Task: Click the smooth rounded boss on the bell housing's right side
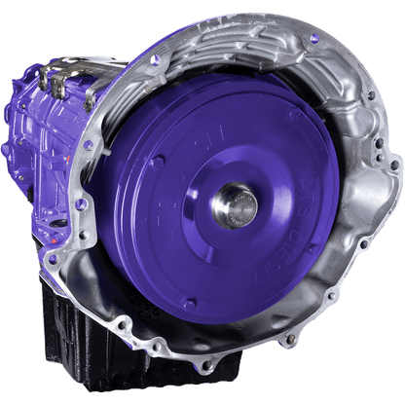coord(370,209)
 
